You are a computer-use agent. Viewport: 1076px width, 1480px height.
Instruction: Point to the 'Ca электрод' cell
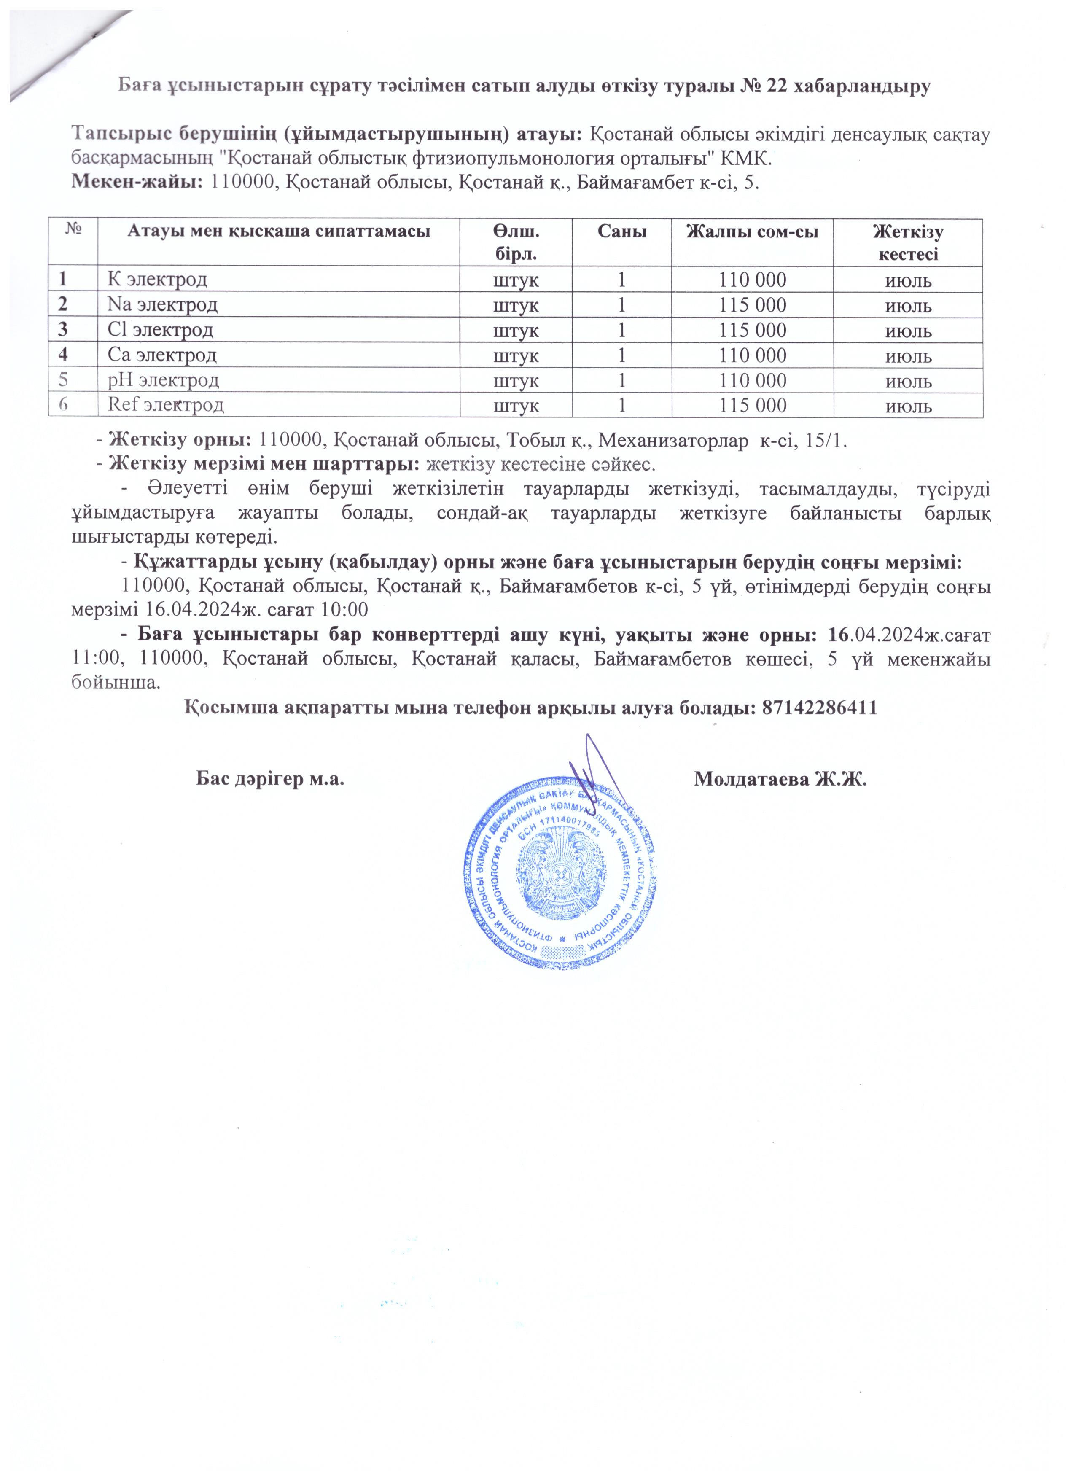point(162,355)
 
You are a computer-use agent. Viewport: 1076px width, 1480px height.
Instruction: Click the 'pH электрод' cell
point(163,380)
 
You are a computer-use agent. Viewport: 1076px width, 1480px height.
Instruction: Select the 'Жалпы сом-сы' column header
point(752,231)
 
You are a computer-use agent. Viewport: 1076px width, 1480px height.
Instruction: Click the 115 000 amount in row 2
point(752,305)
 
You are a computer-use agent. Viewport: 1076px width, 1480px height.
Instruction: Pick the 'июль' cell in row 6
point(908,406)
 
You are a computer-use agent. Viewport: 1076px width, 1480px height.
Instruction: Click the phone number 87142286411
point(818,708)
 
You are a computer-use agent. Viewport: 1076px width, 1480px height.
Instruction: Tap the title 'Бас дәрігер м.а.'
point(270,778)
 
